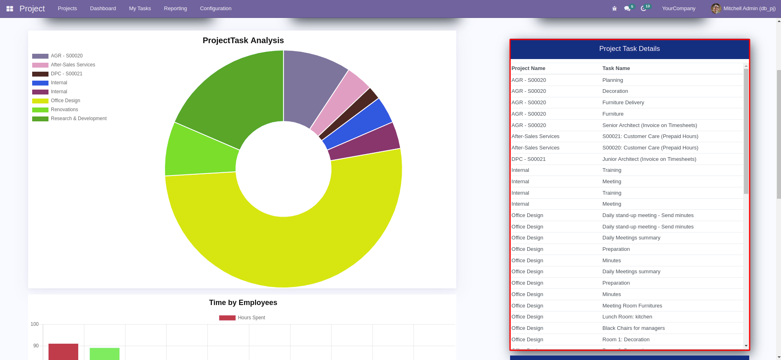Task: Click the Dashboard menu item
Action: coord(103,9)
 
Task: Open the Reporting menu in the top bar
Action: coord(175,9)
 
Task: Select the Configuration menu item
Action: coord(216,9)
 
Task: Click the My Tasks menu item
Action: coord(140,9)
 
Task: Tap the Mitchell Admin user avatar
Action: coord(716,9)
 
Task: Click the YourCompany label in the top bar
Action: coord(678,9)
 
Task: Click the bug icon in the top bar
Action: coord(614,9)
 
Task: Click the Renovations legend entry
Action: coord(64,110)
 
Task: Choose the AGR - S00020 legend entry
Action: coord(66,56)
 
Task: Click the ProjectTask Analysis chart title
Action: coord(243,40)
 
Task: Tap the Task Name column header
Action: coord(616,68)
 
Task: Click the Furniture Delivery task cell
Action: coord(623,103)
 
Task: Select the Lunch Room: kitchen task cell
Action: coord(627,317)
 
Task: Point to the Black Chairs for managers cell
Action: coord(633,328)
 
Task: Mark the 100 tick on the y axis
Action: coord(35,324)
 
